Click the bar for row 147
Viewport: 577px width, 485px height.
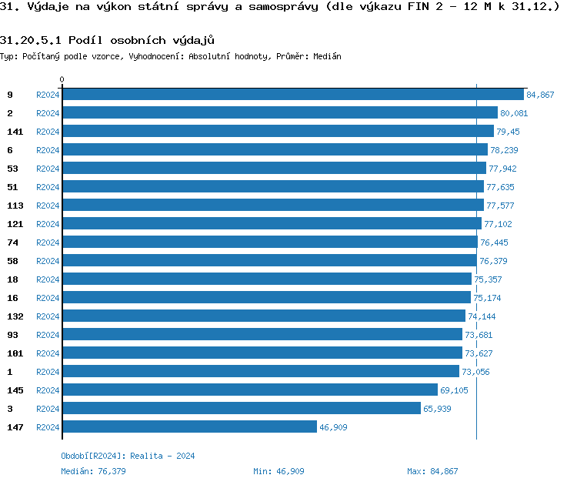coord(189,426)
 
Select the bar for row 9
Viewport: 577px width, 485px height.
coord(293,94)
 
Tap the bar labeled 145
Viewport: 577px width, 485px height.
coord(250,390)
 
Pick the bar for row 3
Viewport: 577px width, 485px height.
coord(242,408)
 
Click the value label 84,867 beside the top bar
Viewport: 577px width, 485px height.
coord(540,95)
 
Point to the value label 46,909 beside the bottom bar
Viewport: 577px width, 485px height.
coord(332,427)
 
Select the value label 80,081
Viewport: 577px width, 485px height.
coord(514,113)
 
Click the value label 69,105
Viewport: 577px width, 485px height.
coord(454,390)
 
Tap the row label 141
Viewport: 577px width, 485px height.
coord(15,132)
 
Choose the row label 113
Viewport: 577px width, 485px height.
coord(15,206)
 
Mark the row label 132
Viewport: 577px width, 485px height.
coord(15,316)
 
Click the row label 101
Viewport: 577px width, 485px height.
coord(15,353)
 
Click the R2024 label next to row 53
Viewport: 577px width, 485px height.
coord(48,169)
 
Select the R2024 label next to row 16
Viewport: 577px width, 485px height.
coord(48,298)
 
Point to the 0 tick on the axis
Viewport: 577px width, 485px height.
coord(62,79)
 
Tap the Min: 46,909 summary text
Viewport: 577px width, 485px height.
coord(278,471)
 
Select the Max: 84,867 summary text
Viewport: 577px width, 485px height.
coord(432,471)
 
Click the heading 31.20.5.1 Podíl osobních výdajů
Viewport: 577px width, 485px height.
coord(107,40)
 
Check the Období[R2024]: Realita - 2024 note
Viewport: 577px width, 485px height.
coord(128,456)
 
